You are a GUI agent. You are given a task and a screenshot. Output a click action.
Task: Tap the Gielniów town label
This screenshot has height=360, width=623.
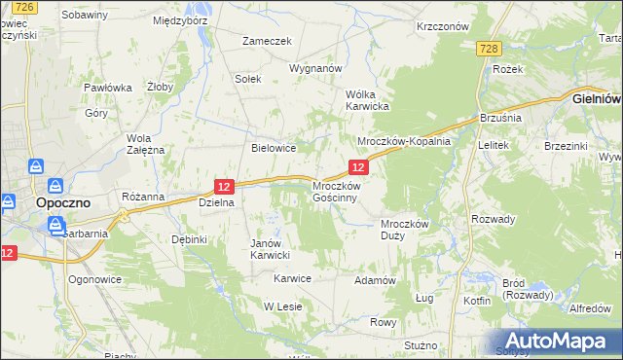597,98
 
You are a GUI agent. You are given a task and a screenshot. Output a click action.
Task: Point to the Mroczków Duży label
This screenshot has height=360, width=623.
404,229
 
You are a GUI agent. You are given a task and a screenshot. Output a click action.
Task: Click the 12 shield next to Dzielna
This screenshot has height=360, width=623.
224,186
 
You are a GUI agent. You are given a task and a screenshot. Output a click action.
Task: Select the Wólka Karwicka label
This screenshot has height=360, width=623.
368,99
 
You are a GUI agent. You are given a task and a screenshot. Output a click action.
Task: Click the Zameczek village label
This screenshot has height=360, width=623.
268,42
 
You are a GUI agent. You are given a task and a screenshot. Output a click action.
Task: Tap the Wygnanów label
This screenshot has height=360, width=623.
315,69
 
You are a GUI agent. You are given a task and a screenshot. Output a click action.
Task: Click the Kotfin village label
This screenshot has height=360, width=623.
477,301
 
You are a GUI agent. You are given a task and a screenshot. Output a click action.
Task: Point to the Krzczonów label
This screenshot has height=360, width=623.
442,27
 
